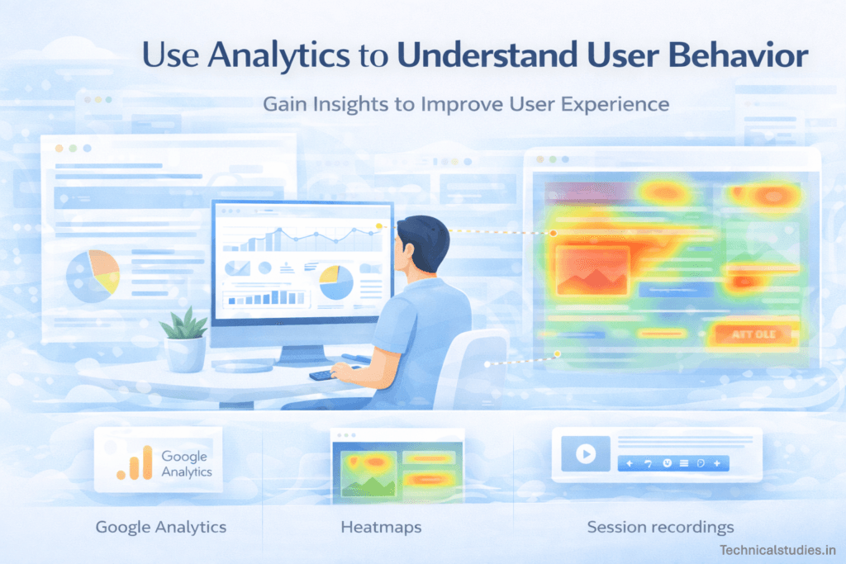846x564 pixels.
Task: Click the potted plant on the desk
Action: [183, 339]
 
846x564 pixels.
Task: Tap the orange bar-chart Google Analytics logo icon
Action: [135, 463]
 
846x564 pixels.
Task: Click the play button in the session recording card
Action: [585, 453]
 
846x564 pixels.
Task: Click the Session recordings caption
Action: [660, 526]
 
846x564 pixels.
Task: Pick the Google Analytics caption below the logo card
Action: [161, 526]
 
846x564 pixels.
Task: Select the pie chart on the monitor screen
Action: [336, 282]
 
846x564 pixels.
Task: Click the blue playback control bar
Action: [673, 463]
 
